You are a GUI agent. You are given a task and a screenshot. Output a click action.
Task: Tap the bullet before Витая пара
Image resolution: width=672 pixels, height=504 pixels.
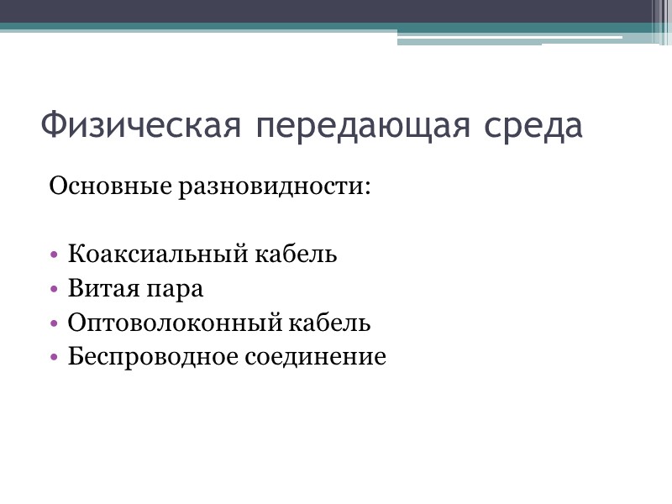click(x=55, y=290)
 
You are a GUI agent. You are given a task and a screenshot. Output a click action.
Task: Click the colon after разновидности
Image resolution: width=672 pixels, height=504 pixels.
click(x=366, y=186)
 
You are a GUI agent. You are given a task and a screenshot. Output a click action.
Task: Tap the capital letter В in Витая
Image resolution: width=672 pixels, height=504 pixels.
click(x=75, y=289)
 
